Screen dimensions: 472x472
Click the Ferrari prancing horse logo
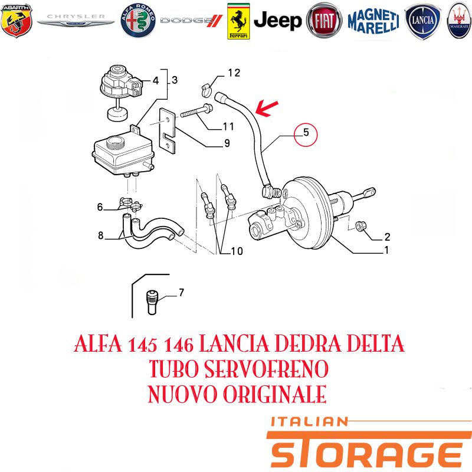pos(238,21)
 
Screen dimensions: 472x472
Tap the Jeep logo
pos(277,21)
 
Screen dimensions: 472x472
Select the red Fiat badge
pos(324,21)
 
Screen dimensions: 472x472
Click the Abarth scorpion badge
pos(17,21)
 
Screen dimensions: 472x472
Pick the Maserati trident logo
pos(459,21)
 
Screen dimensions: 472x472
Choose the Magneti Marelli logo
pos(373,21)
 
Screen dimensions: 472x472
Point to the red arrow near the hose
pos(267,109)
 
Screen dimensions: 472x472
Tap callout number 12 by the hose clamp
pos(234,73)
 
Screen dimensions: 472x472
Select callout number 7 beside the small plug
pos(181,292)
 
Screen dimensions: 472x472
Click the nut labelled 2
pos(360,227)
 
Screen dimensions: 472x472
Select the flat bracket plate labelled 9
pos(167,130)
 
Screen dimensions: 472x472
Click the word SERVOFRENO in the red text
pos(266,369)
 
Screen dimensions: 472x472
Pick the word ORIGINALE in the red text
pos(275,394)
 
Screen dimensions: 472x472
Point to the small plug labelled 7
pos(152,302)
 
